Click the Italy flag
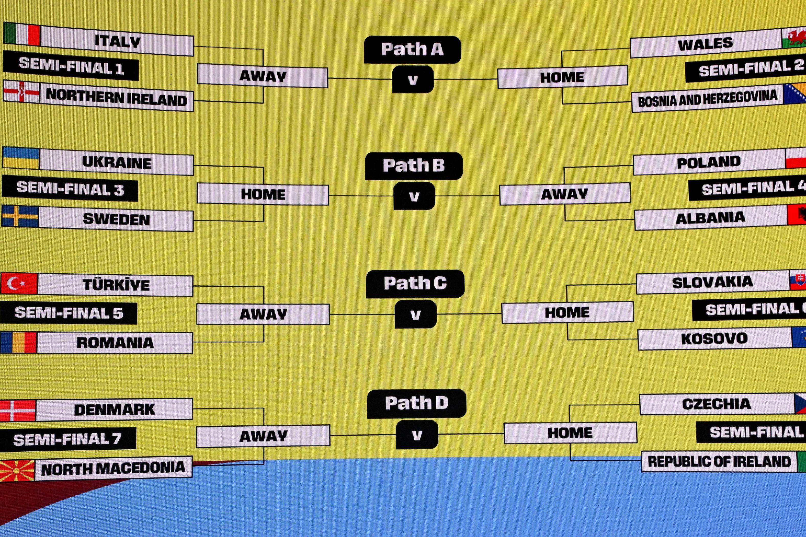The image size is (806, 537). pyautogui.click(x=22, y=34)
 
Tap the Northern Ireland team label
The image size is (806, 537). pyautogui.click(x=117, y=99)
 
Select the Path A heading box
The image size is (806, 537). pyautogui.click(x=412, y=50)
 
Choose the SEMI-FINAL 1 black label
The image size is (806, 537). pyautogui.click(x=71, y=66)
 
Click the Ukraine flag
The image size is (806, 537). pyautogui.click(x=21, y=158)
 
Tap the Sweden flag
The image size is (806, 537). pyautogui.click(x=20, y=216)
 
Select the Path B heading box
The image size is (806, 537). pyautogui.click(x=414, y=166)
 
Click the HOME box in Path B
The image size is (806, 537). pyautogui.click(x=263, y=194)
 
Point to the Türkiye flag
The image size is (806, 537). pyautogui.click(x=19, y=284)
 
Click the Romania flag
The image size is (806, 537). pyautogui.click(x=18, y=342)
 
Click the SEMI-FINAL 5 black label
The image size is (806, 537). pyautogui.click(x=69, y=313)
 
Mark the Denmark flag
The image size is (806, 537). pyautogui.click(x=18, y=410)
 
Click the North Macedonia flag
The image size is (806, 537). pyautogui.click(x=17, y=471)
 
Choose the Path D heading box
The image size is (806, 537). pyautogui.click(x=416, y=403)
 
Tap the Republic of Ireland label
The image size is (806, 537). pyautogui.click(x=719, y=462)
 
